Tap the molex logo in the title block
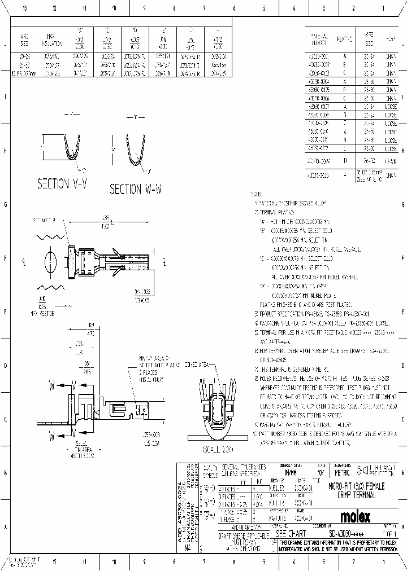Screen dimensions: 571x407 pyautogui.click(x=355, y=516)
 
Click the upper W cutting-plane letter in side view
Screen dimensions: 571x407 pyautogui.click(x=52, y=387)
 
